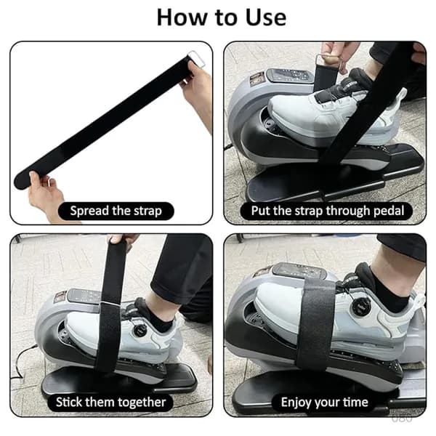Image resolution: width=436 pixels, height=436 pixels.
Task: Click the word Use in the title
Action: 265,17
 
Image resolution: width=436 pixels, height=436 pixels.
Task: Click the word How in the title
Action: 182,17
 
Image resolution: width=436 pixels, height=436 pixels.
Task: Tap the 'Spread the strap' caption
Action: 116,211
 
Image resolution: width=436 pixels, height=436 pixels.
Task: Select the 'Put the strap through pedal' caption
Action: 328,211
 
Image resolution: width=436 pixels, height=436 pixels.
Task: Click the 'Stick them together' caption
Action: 110,403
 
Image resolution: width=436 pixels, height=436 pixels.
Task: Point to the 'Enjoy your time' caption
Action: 325,403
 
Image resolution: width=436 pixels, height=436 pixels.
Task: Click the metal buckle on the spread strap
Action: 197,59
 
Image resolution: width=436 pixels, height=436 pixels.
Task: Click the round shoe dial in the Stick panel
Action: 139,331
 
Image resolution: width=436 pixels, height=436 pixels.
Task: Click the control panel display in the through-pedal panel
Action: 290,76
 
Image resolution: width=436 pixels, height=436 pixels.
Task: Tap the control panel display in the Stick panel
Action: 84,295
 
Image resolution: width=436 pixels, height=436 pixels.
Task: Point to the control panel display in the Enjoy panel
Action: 299,270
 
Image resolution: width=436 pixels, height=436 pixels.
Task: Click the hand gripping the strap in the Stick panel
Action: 122,241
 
